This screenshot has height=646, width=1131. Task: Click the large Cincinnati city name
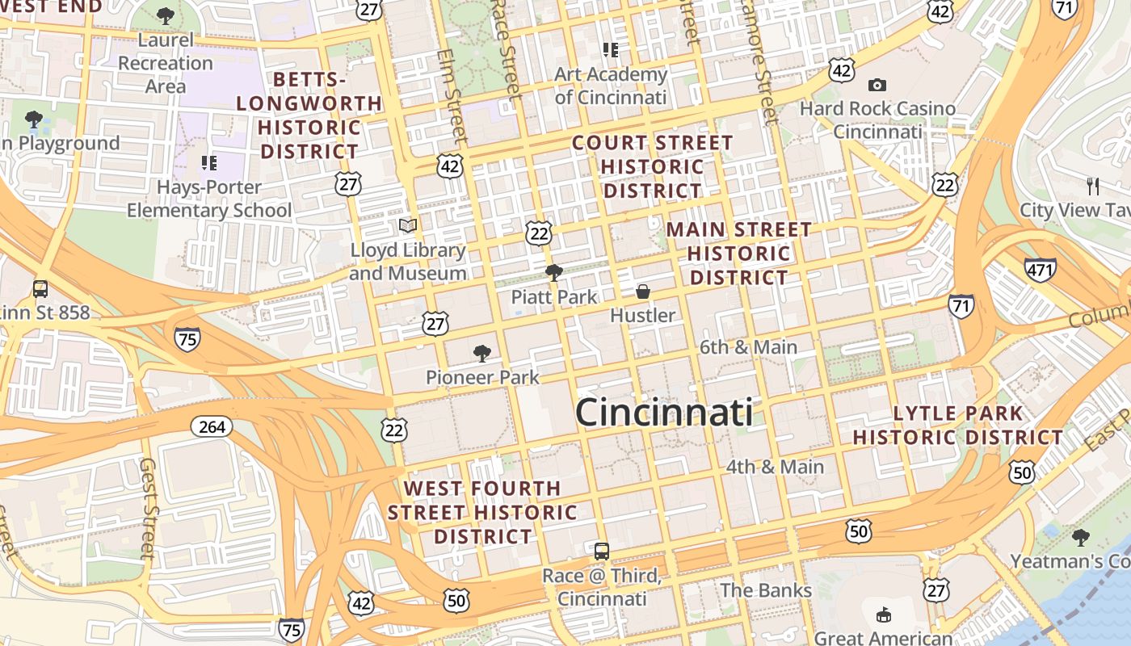pos(664,413)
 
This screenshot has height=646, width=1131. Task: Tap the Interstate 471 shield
pos(1040,269)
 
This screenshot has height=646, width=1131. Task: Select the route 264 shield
pos(212,426)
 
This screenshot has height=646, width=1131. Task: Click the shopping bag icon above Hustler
pos(643,292)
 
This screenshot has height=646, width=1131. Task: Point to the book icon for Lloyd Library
pos(408,225)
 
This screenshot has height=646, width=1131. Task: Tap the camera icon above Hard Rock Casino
pos(877,85)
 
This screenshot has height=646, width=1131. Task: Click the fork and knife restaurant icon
pos(1093,187)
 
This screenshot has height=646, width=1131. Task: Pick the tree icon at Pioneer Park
pos(482,353)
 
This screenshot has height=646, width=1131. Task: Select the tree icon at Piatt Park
pos(554,273)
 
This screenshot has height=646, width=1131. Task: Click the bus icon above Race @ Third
pos(602,552)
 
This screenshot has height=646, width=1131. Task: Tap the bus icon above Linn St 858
pos(40,288)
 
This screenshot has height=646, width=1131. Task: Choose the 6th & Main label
pos(748,347)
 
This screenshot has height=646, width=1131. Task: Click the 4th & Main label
pos(775,467)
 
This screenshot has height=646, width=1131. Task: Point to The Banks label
pos(766,590)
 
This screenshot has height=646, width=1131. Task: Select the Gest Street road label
pos(148,509)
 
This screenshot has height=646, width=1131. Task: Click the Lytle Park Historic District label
pos(958,426)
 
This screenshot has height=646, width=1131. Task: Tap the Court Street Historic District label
pos(653,167)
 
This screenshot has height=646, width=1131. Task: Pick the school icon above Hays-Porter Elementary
pos(209,163)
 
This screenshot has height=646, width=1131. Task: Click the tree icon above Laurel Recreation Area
pos(166,15)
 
